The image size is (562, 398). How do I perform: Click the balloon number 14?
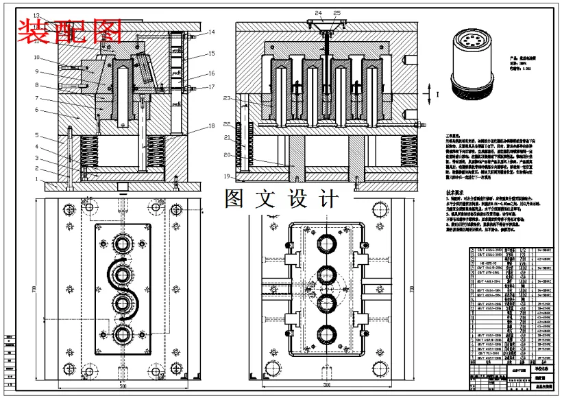(x=212, y=32)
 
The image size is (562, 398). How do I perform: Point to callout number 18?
(x=212, y=126)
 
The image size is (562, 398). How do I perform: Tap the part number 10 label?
(x=36, y=58)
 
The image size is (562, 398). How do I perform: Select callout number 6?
(x=36, y=110)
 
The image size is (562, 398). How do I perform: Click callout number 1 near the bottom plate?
(x=36, y=180)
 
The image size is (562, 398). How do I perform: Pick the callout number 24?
(x=318, y=13)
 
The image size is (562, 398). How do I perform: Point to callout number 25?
(x=337, y=13)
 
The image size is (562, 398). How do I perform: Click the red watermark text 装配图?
(x=69, y=30)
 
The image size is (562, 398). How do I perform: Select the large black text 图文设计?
(x=282, y=199)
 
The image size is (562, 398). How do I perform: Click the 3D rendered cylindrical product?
(x=470, y=64)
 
